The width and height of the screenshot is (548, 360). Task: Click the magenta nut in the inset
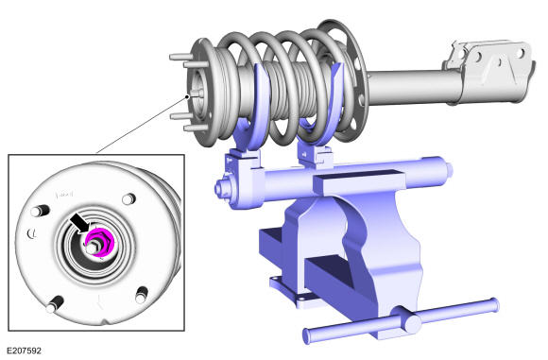[99, 242]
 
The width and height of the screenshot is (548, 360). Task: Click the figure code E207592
[25, 351]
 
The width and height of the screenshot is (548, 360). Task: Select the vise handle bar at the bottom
[401, 318]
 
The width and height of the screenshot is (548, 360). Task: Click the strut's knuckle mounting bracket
[489, 72]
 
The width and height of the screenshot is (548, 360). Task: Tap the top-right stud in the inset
[128, 199]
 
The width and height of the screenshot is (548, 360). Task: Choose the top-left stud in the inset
[39, 211]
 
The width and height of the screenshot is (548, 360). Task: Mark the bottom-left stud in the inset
[55, 305]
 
